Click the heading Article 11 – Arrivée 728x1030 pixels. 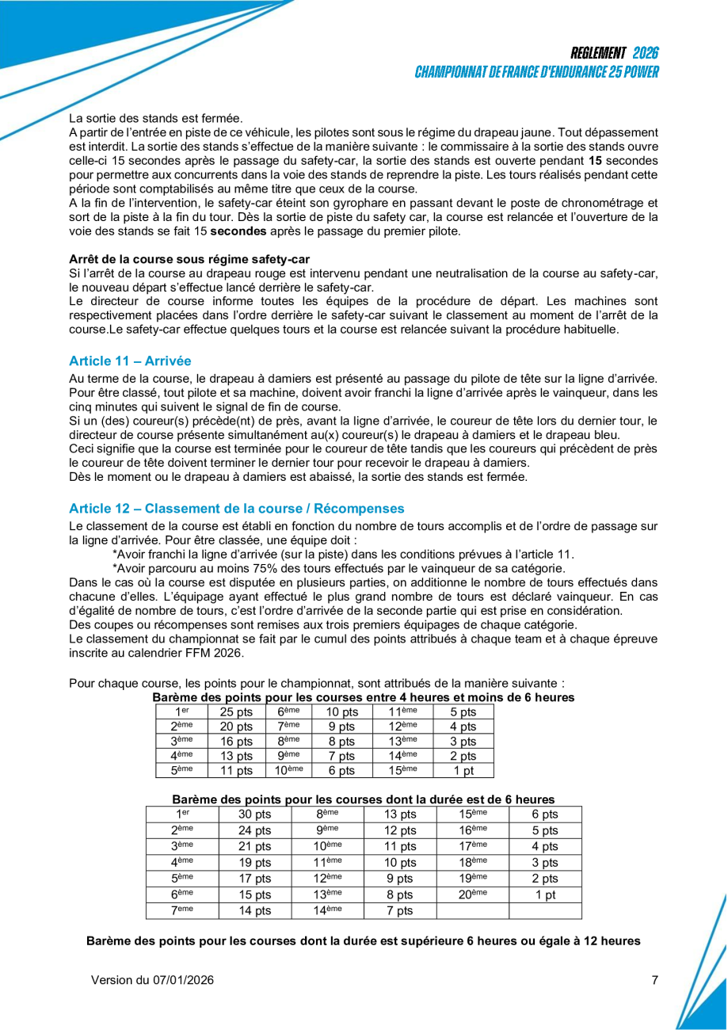click(130, 360)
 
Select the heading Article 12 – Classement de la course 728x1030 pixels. click(236, 508)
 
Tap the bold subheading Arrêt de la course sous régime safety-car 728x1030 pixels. click(189, 259)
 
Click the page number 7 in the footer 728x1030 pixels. click(654, 980)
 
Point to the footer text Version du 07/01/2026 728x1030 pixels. click(152, 980)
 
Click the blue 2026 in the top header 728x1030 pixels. click(646, 53)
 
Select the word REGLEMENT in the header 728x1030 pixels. click(598, 53)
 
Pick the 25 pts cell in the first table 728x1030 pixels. click(236, 711)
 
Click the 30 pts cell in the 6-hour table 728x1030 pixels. click(254, 814)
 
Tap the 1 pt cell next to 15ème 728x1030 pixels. click(463, 770)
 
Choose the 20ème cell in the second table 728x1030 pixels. click(472, 895)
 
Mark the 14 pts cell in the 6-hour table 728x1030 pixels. click(254, 911)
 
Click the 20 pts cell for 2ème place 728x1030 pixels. click(236, 727)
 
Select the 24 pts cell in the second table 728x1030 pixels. click(254, 831)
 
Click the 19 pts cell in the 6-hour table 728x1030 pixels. click(254, 863)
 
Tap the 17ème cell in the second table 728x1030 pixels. click(472, 846)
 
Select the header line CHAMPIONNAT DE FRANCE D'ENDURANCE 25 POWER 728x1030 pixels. click(536, 72)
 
